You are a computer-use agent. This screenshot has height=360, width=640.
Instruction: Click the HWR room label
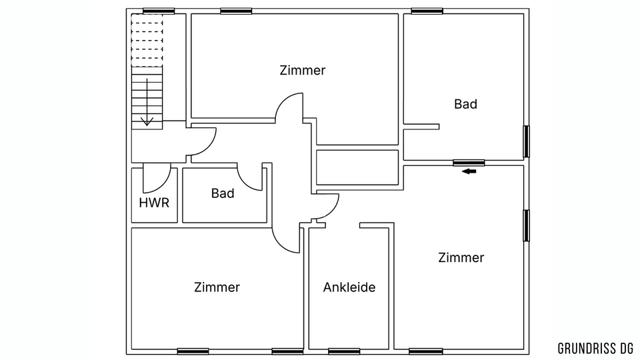[x=154, y=202]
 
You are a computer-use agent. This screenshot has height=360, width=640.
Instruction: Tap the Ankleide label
[x=349, y=287]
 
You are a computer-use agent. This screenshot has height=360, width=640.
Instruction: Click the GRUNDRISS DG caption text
[x=595, y=347]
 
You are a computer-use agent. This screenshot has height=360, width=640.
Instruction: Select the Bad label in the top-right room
[x=465, y=104]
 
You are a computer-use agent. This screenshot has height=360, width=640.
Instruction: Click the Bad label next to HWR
[x=223, y=193]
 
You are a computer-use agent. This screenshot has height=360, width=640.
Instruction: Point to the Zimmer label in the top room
[x=303, y=70]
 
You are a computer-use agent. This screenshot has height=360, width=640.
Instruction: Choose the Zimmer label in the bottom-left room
[x=217, y=287]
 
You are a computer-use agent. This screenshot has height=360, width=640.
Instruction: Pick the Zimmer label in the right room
[x=461, y=257]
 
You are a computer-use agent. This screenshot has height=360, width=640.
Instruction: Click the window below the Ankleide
[x=344, y=351]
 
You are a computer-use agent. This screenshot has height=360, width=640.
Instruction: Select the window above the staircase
[x=159, y=11]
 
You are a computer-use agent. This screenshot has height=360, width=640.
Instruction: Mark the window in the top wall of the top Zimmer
[x=236, y=11]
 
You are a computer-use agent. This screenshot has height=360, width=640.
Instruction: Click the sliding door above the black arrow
[x=469, y=162]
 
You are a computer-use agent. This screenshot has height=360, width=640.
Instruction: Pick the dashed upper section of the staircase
[x=147, y=40]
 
